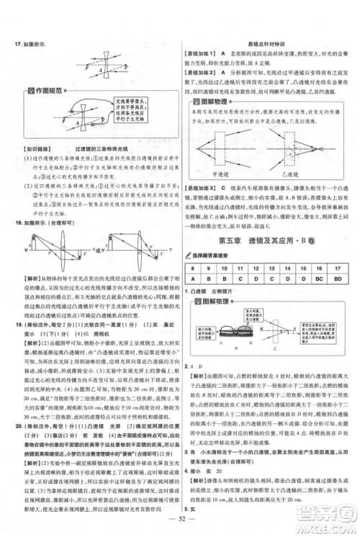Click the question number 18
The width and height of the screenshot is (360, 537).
coord(17,224)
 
